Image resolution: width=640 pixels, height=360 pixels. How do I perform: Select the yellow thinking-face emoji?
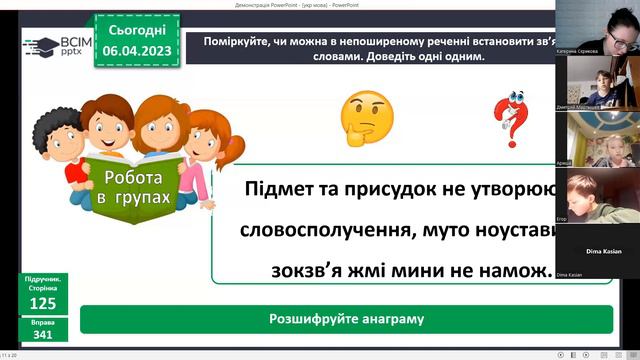coord(366,118)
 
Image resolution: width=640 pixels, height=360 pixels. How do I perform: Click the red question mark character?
coord(512,118)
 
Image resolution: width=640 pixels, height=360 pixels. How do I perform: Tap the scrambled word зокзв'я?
coord(305,270)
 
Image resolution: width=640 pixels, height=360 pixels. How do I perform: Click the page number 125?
coord(42,303)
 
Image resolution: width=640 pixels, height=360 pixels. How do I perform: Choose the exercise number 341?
coord(42,336)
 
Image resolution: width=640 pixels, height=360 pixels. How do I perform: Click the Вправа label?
coord(42,323)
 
